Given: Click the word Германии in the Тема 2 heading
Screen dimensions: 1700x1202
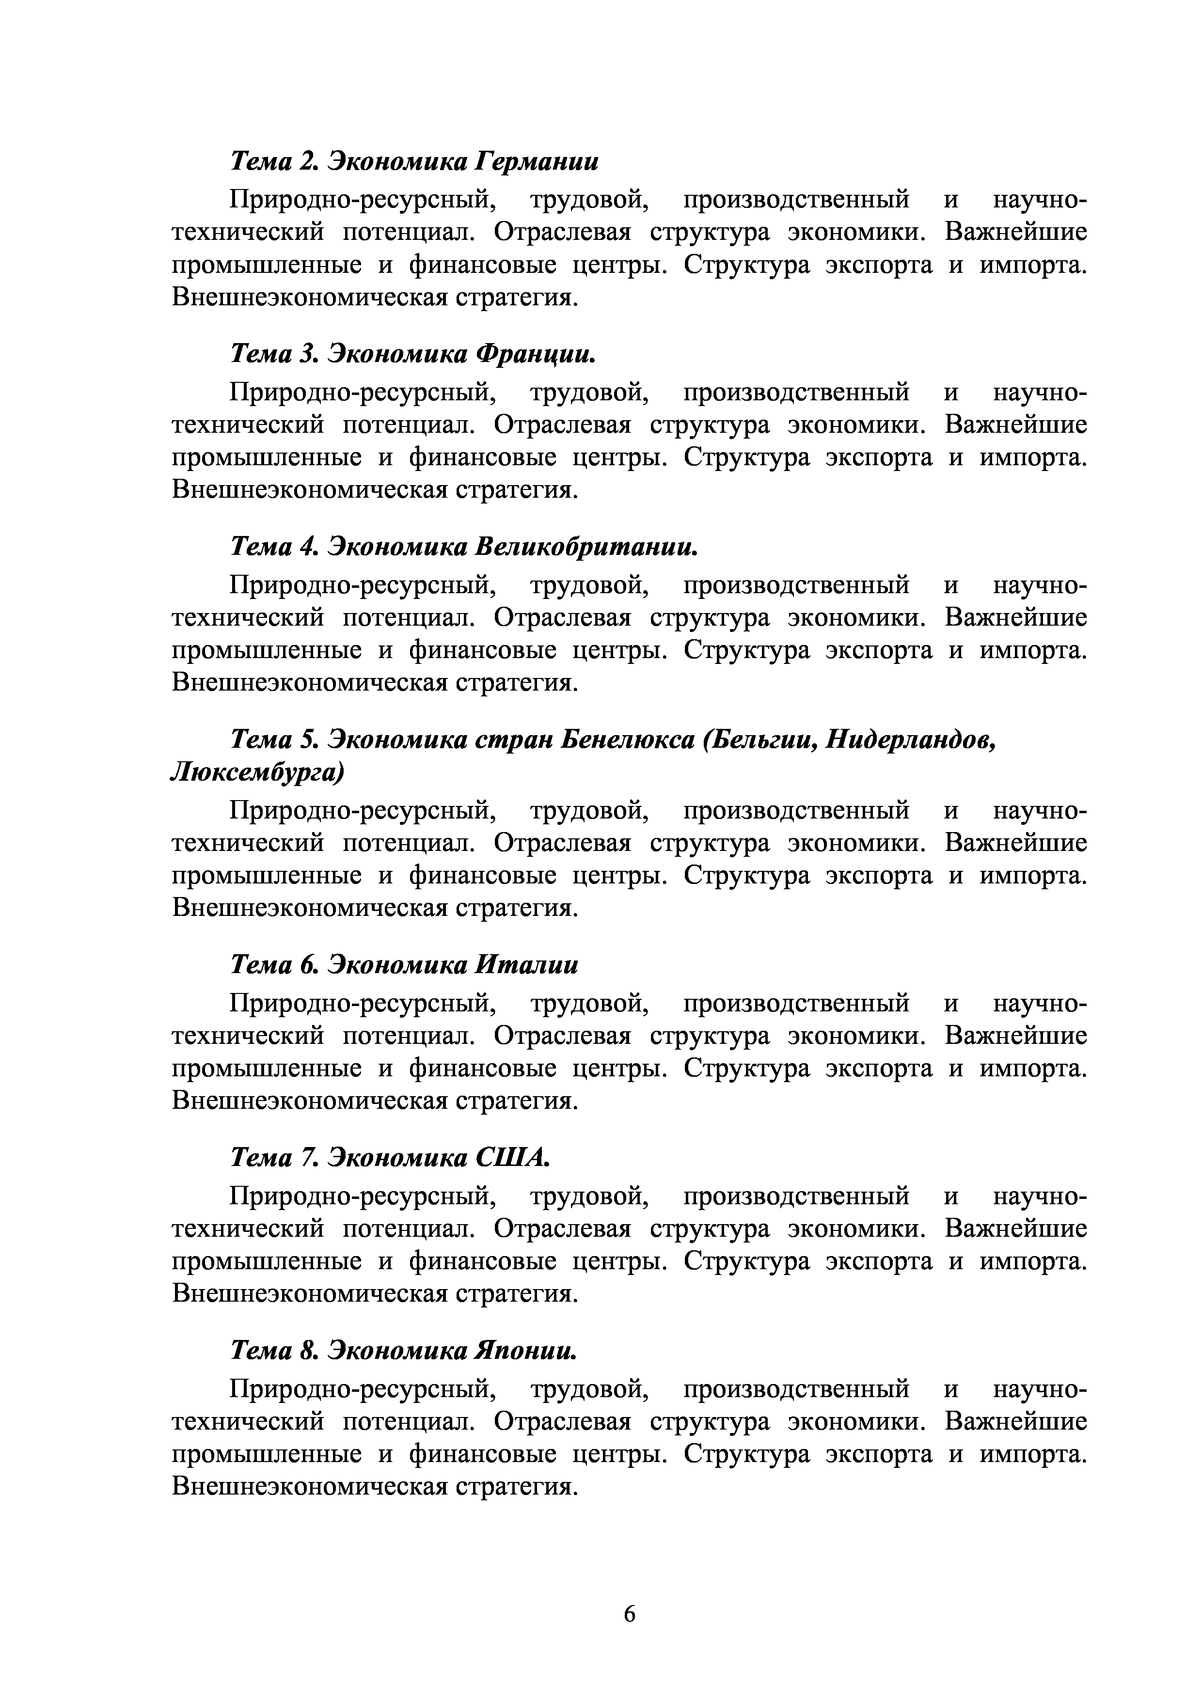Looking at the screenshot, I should tap(537, 161).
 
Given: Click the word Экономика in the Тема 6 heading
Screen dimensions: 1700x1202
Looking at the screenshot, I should tap(398, 965).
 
